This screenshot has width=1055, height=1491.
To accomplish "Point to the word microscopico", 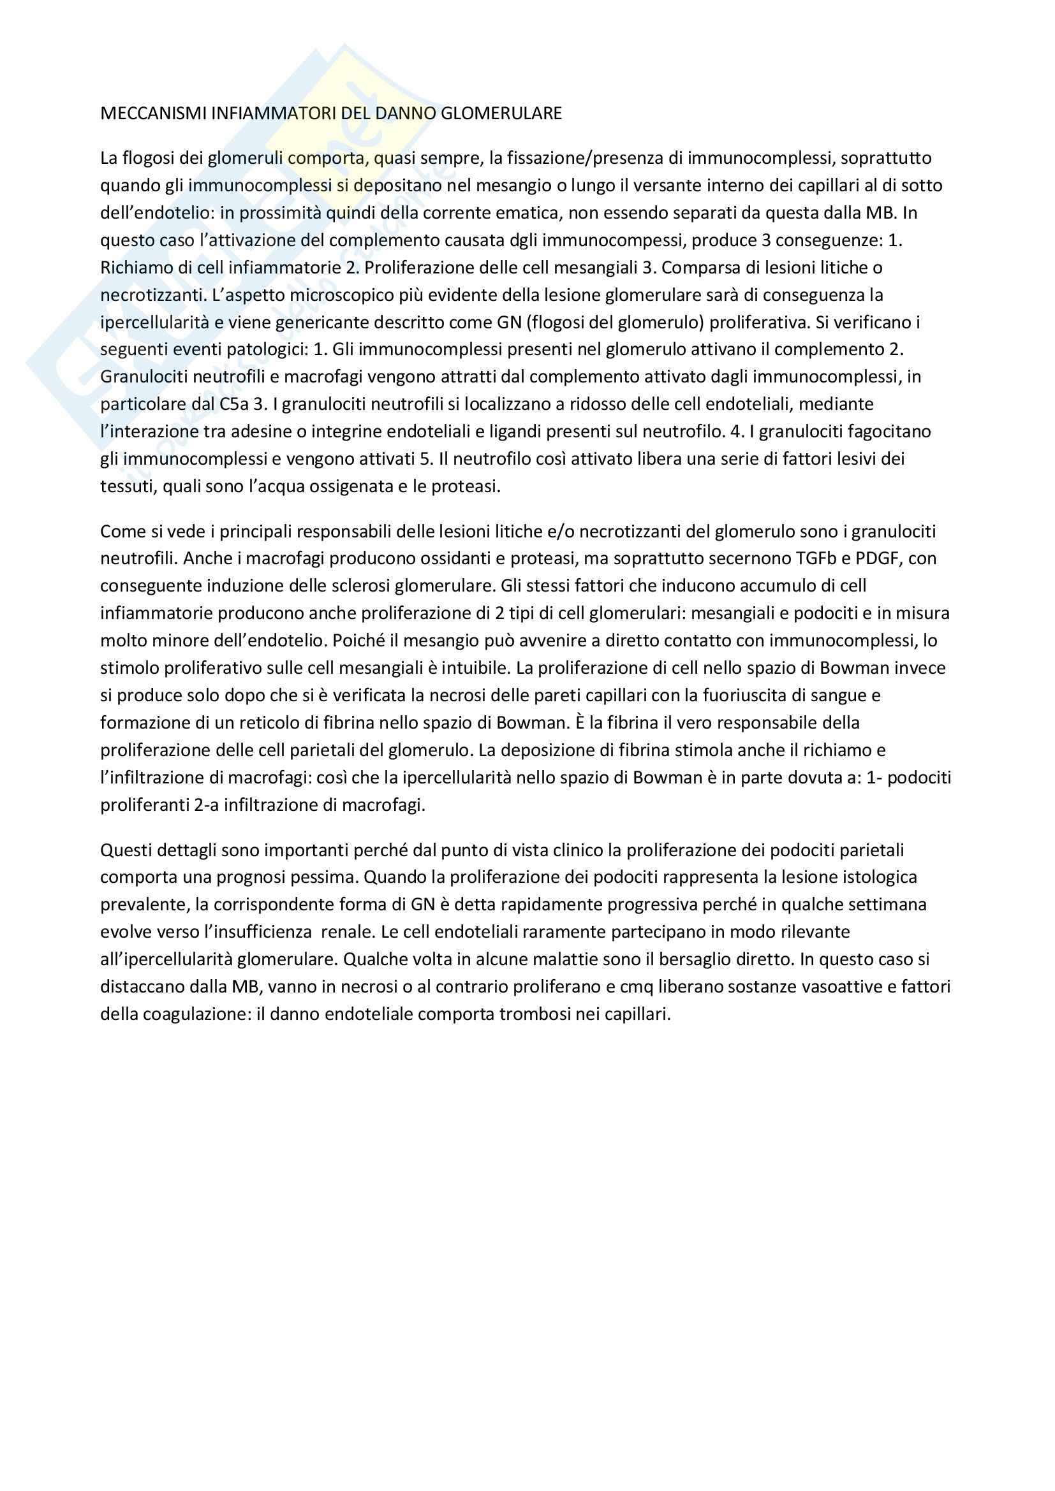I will click(337, 296).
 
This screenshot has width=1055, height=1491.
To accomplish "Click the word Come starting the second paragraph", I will click(121, 532).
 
